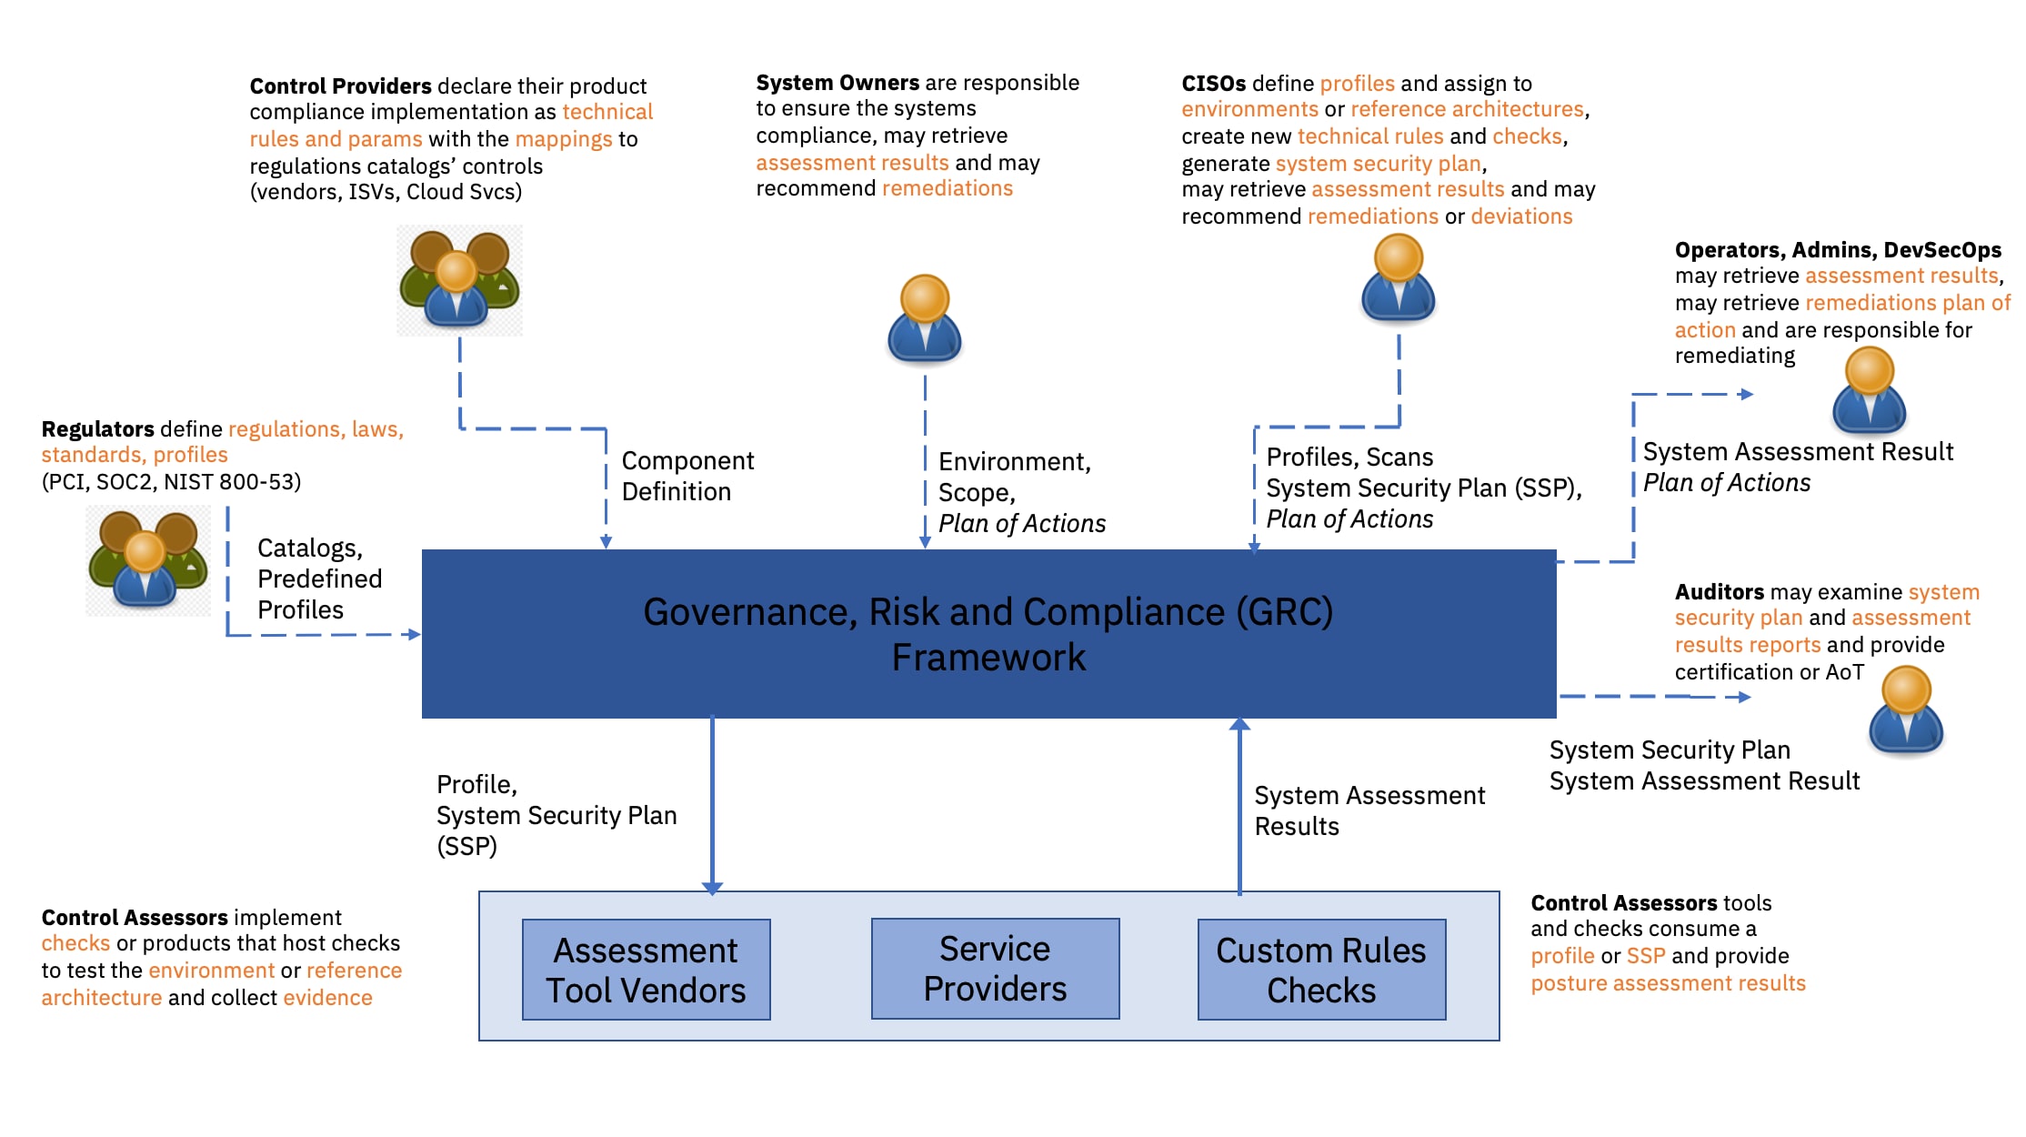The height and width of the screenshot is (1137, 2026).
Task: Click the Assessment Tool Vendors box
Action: pos(646,970)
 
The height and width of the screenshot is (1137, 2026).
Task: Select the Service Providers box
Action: pos(995,969)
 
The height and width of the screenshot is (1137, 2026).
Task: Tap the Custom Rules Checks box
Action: pos(1321,970)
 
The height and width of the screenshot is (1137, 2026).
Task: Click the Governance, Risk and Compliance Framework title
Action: pos(988,634)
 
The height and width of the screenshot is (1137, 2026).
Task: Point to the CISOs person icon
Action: pos(1399,278)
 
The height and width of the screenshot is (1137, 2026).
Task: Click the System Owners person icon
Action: pos(925,319)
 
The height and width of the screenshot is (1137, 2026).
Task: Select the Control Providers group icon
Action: pos(459,280)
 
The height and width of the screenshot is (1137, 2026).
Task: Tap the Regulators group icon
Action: pos(148,560)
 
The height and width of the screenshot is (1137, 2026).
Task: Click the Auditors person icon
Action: pos(1906,710)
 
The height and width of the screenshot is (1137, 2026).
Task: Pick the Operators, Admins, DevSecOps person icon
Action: pos(1869,391)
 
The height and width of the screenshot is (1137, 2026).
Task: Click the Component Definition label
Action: pos(687,476)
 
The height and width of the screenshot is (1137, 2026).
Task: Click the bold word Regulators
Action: pos(97,428)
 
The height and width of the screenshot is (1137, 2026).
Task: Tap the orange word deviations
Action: pos(1521,216)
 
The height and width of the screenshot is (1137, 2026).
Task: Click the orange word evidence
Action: pos(327,998)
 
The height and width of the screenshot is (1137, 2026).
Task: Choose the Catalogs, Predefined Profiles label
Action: pos(318,579)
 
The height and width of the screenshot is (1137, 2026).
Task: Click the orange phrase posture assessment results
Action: pos(1668,983)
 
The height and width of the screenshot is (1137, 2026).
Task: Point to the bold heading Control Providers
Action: pos(340,86)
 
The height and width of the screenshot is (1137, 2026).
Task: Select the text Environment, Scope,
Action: pos(1014,477)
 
